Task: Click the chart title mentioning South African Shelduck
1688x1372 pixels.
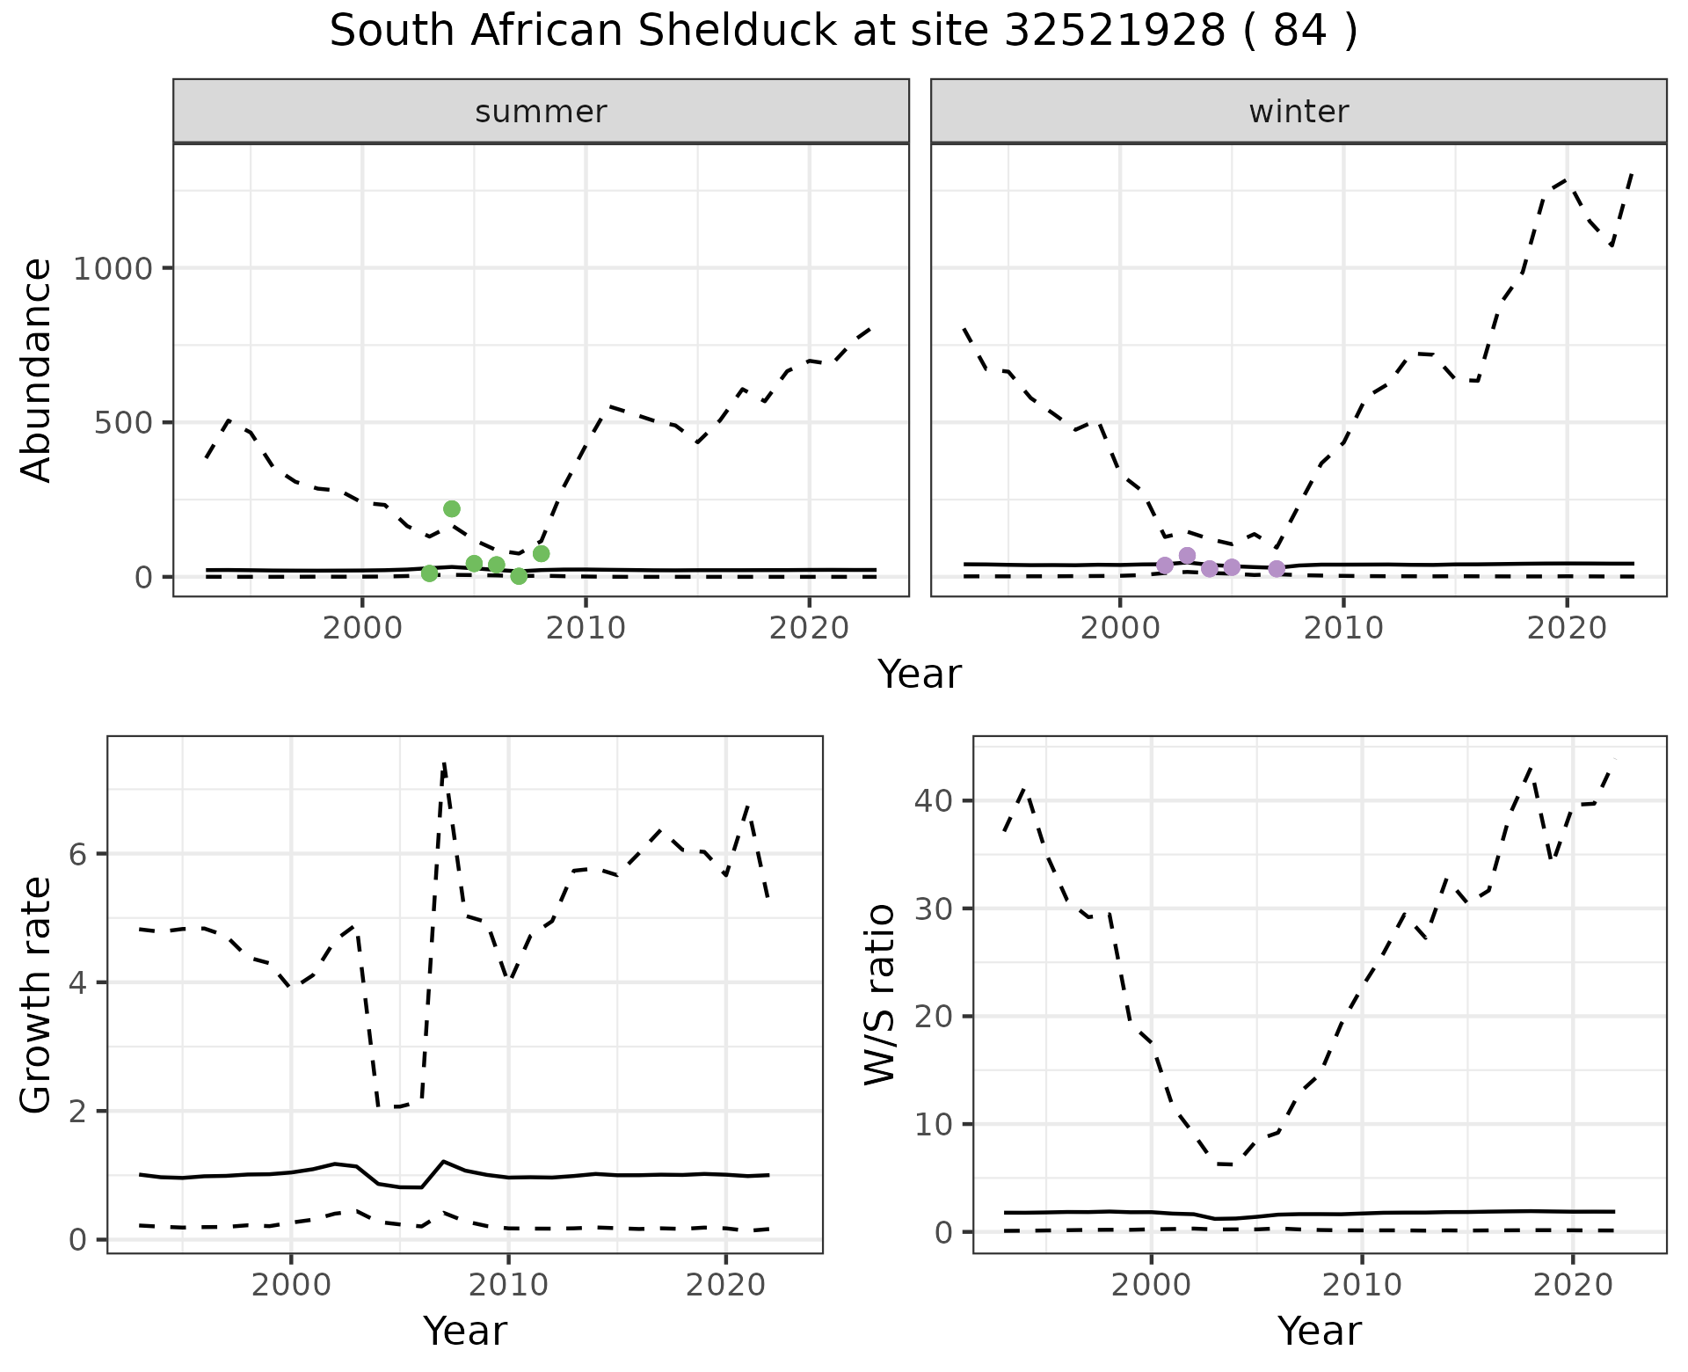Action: [x=844, y=33]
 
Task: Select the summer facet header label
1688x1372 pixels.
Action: [x=541, y=112]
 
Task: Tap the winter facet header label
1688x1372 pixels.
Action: [x=1299, y=112]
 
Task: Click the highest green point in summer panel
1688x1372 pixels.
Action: [x=452, y=509]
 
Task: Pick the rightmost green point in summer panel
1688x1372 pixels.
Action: [x=542, y=554]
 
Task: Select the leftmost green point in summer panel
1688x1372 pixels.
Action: [x=430, y=573]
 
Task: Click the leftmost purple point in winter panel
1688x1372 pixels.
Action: [x=1165, y=566]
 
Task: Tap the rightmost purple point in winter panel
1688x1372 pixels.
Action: [x=1277, y=569]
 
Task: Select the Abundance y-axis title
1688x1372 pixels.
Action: [x=37, y=370]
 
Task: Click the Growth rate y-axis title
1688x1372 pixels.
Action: [x=37, y=996]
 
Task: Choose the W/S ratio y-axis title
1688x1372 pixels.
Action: [x=879, y=996]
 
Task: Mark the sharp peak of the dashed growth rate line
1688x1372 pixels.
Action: [x=445, y=763]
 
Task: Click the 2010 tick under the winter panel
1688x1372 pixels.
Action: [x=1343, y=628]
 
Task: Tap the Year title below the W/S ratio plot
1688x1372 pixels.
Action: [x=1320, y=1332]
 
